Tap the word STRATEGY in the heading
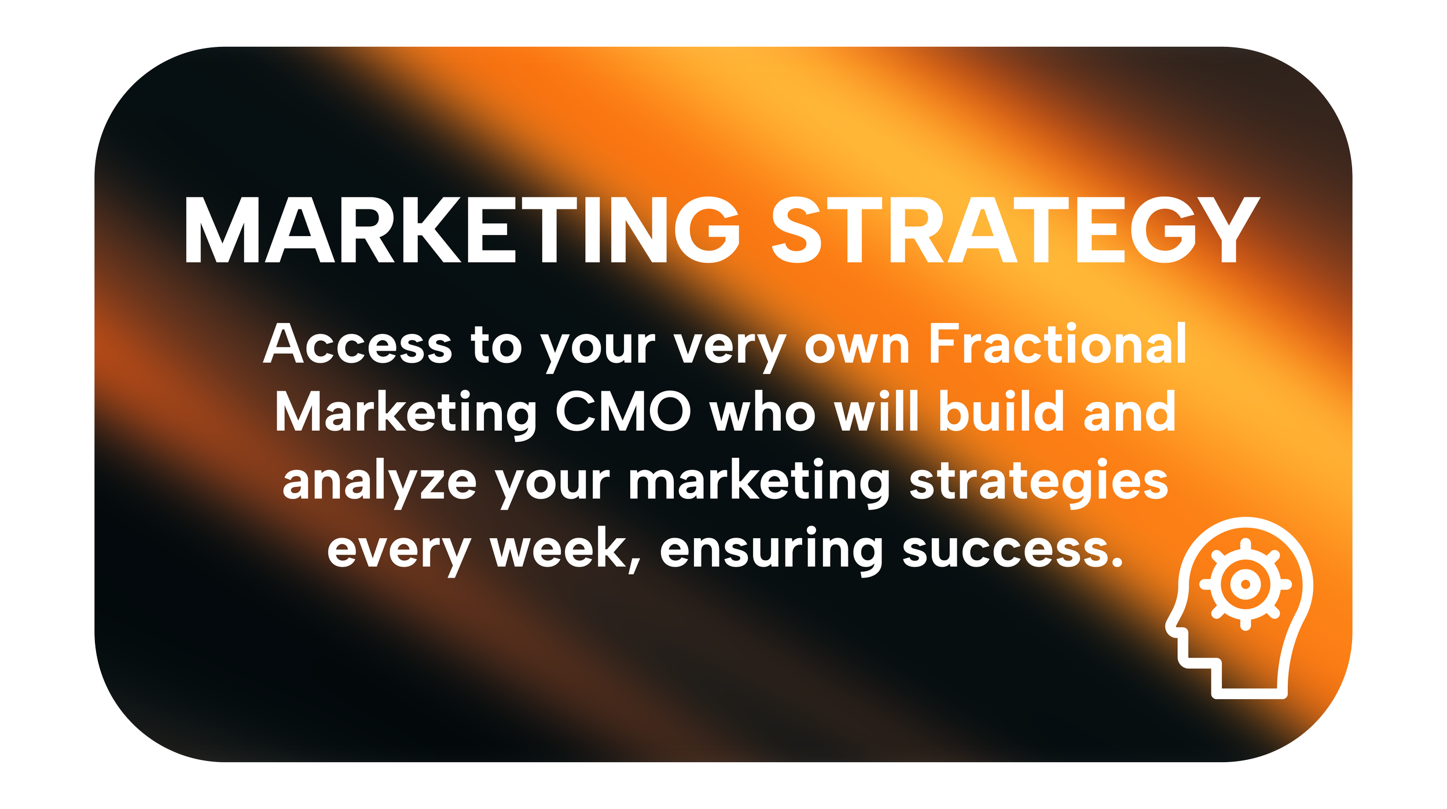click(1016, 230)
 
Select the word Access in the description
click(357, 344)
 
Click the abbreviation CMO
click(623, 411)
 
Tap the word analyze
click(379, 482)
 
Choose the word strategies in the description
click(1038, 482)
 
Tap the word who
click(763, 411)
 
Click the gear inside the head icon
click(1246, 584)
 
